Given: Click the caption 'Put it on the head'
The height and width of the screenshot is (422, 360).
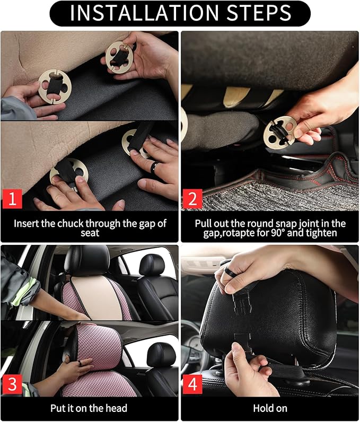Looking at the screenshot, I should point(89,408).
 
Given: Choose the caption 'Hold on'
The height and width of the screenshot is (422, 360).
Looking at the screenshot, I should point(270,408).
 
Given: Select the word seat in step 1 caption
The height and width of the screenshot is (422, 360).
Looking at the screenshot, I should point(89,233).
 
